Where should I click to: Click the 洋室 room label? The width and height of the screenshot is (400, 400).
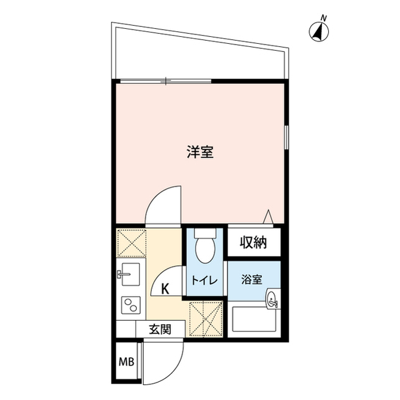point(200,151)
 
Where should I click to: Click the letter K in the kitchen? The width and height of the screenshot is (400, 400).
point(165,289)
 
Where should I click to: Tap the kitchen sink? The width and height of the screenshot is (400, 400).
point(131,273)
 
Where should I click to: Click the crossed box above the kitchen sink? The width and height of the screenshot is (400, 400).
point(131,242)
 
